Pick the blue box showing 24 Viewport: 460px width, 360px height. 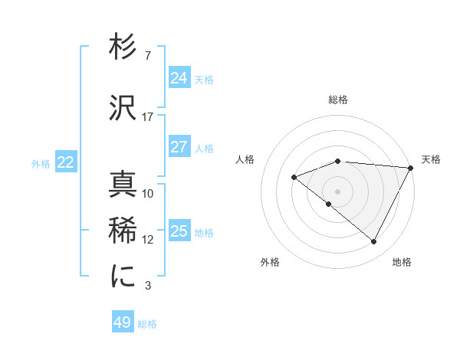179,78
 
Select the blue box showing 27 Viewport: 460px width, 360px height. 179,147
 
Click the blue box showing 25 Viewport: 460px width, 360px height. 179,231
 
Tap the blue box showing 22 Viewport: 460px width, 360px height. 65,162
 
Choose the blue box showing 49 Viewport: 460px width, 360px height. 123,322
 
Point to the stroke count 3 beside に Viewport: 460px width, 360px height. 147,286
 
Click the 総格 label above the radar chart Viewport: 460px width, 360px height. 338,100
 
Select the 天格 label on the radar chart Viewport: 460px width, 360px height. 431,159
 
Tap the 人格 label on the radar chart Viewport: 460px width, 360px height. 245,159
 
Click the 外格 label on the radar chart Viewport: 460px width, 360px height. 270,262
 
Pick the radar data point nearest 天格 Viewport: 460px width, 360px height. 412,168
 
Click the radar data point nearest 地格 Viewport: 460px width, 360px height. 373,242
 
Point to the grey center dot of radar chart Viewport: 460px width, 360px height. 337,191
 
